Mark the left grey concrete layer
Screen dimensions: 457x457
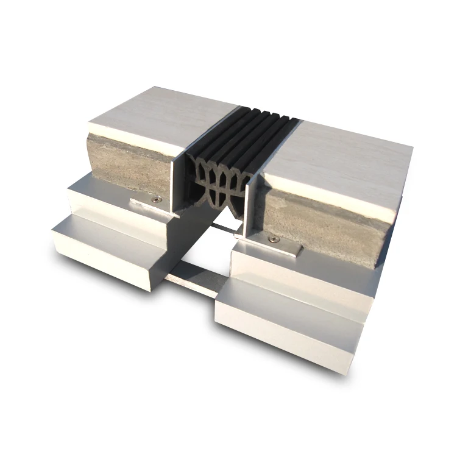pyautogui.click(x=131, y=158)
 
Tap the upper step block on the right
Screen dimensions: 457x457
pyautogui.click(x=292, y=274)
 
